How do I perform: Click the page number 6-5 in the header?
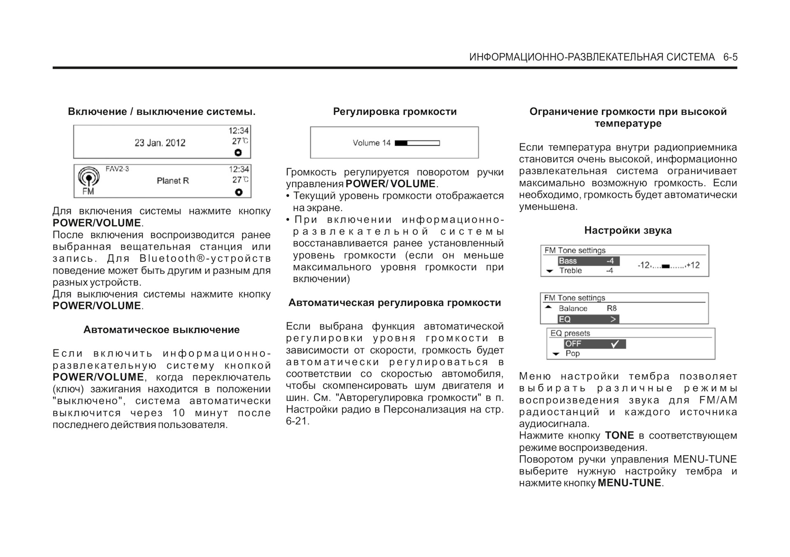coord(730,57)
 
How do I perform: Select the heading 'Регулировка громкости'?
coord(395,111)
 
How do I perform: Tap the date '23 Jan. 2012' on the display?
coord(160,143)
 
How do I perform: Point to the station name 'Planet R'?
coord(173,181)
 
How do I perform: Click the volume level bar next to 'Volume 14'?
coord(417,143)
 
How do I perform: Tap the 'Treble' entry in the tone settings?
coord(570,271)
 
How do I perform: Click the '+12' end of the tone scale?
coord(693,265)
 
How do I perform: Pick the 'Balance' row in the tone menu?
coord(573,309)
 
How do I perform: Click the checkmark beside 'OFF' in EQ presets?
coord(615,344)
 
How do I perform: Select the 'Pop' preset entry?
coord(572,353)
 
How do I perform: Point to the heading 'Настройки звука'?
coord(628,230)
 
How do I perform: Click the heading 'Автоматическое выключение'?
coord(161,330)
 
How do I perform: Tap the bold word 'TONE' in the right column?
coord(619,436)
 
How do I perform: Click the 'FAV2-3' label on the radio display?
coord(117,169)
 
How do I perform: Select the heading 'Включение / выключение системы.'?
coord(162,111)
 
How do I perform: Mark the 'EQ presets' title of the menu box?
coord(570,333)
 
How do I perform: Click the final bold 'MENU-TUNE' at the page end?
coord(629,483)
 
